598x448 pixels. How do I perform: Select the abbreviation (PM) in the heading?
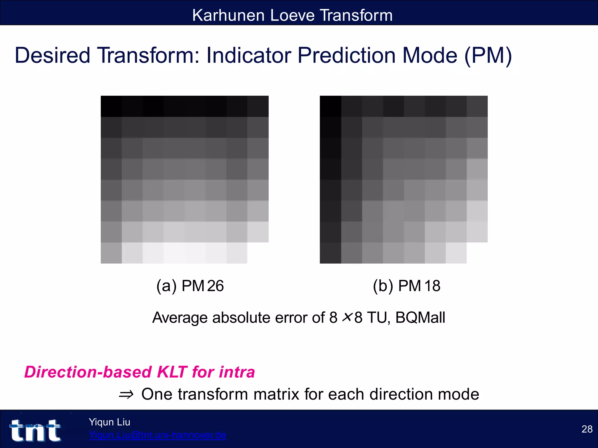[488, 55]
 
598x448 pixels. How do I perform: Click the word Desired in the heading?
[53, 55]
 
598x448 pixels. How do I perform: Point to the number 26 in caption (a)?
[215, 286]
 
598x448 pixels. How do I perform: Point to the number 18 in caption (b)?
[432, 286]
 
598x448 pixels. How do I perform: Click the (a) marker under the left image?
[166, 286]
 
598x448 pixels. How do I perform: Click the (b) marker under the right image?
[383, 286]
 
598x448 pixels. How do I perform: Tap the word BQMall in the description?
[420, 318]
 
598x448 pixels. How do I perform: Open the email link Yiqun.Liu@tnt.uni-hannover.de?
[158, 435]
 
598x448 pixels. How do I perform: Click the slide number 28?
[587, 429]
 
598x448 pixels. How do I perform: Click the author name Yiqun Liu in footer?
[109, 422]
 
